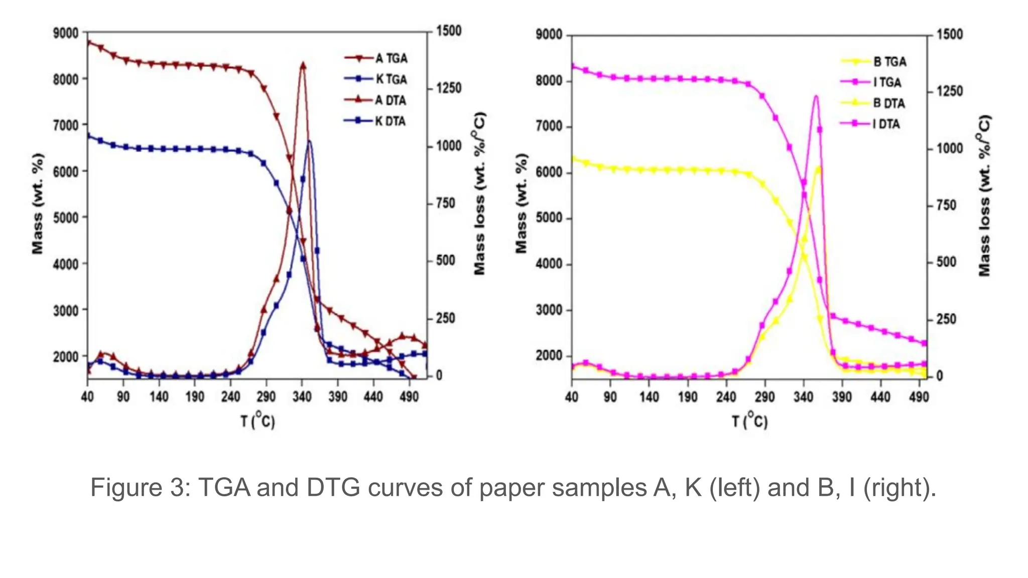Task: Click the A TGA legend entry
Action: [391, 58]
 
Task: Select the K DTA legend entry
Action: [390, 121]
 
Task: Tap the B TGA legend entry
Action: [889, 62]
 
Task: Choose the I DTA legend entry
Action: [886, 124]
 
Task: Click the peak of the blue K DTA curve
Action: [309, 141]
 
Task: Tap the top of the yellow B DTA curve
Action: [819, 168]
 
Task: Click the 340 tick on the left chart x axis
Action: [302, 397]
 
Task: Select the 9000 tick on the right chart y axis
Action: [549, 35]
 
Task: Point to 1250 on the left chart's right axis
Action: [449, 88]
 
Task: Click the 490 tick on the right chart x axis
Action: [919, 397]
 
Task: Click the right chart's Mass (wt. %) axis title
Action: [522, 203]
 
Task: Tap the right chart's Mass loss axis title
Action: [985, 196]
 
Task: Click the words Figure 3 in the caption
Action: [138, 487]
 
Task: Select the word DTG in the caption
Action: [333, 487]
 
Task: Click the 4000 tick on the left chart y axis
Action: [66, 264]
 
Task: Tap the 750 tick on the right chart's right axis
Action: [947, 205]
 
